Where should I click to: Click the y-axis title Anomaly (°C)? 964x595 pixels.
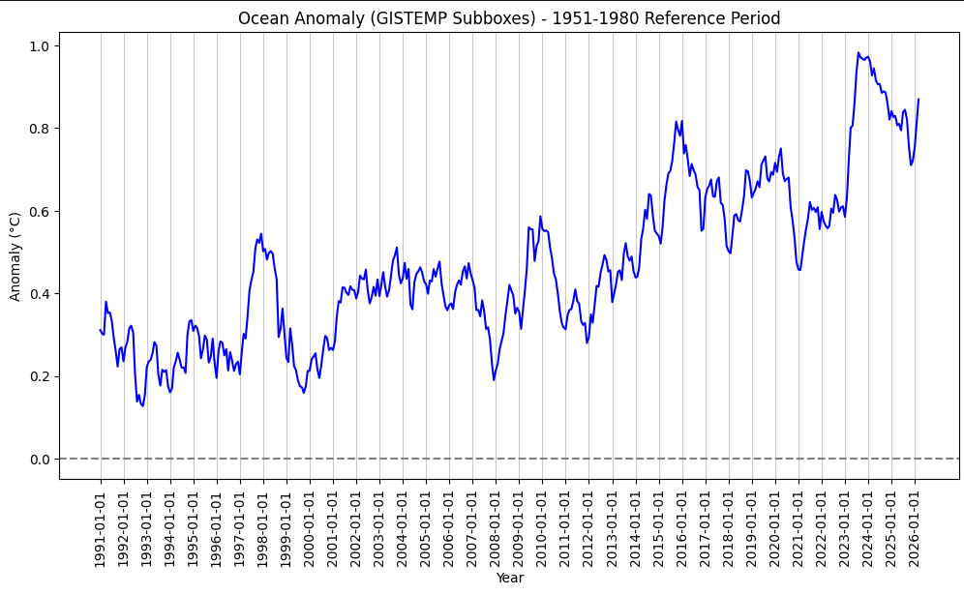15,256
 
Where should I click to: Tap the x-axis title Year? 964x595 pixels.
509,578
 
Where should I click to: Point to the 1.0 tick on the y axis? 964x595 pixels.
41,46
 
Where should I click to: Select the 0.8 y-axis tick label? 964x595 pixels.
41,129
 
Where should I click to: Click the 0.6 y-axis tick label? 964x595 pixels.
41,211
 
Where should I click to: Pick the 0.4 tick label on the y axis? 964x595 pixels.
41,294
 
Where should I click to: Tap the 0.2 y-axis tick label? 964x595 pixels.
41,376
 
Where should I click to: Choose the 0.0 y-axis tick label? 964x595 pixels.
41,459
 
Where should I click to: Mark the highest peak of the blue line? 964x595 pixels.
859,53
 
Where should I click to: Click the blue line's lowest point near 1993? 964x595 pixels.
143,405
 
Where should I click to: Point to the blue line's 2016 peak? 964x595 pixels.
677,122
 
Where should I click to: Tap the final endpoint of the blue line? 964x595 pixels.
919,100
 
